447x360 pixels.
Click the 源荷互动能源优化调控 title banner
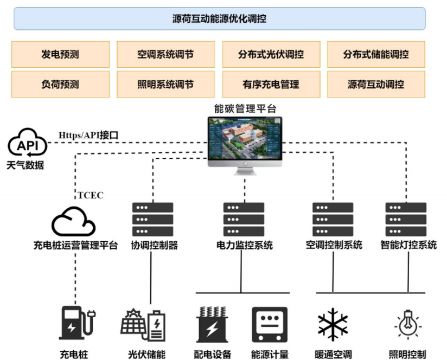pos(220,18)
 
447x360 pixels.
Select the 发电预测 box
pos(60,54)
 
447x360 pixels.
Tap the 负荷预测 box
pos(60,84)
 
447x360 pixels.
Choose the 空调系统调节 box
pos(165,54)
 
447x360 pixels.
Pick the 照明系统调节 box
pos(165,84)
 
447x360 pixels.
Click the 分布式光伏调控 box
pos(271,54)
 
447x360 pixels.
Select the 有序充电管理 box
pos(271,84)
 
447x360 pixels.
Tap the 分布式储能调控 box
pos(376,54)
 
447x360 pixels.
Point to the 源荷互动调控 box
pos(376,84)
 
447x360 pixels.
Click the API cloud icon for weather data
pos(27,143)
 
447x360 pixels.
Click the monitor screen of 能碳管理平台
pos(245,139)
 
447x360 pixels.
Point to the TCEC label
pos(91,195)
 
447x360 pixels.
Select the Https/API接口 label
pos(88,135)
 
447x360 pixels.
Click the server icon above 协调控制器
pos(152,219)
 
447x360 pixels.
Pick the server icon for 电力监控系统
pos(244,219)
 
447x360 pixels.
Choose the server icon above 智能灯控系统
pos(406,219)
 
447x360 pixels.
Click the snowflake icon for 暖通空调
pos(333,324)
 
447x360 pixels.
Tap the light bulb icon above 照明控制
pos(408,324)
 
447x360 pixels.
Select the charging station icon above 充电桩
pos(77,323)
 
